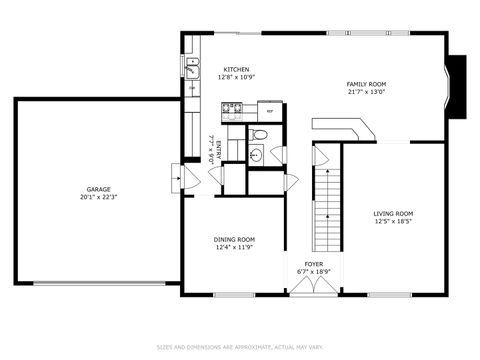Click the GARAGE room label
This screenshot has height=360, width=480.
pos(98,189)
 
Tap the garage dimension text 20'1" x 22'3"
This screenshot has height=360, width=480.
pos(98,197)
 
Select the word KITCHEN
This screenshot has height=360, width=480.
pos(236,68)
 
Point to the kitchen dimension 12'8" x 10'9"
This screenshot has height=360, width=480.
pos(236,77)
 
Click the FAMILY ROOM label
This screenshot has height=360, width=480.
pos(366,84)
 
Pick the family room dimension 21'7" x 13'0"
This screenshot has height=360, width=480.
pos(366,92)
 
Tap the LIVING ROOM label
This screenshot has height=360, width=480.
pos(393,212)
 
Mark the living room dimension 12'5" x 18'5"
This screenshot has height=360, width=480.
pos(393,221)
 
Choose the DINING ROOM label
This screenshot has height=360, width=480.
pos(234,239)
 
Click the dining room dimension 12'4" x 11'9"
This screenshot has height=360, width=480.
pos(234,247)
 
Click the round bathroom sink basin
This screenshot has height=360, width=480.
pos(254,154)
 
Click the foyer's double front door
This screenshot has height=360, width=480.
pos(314,285)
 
